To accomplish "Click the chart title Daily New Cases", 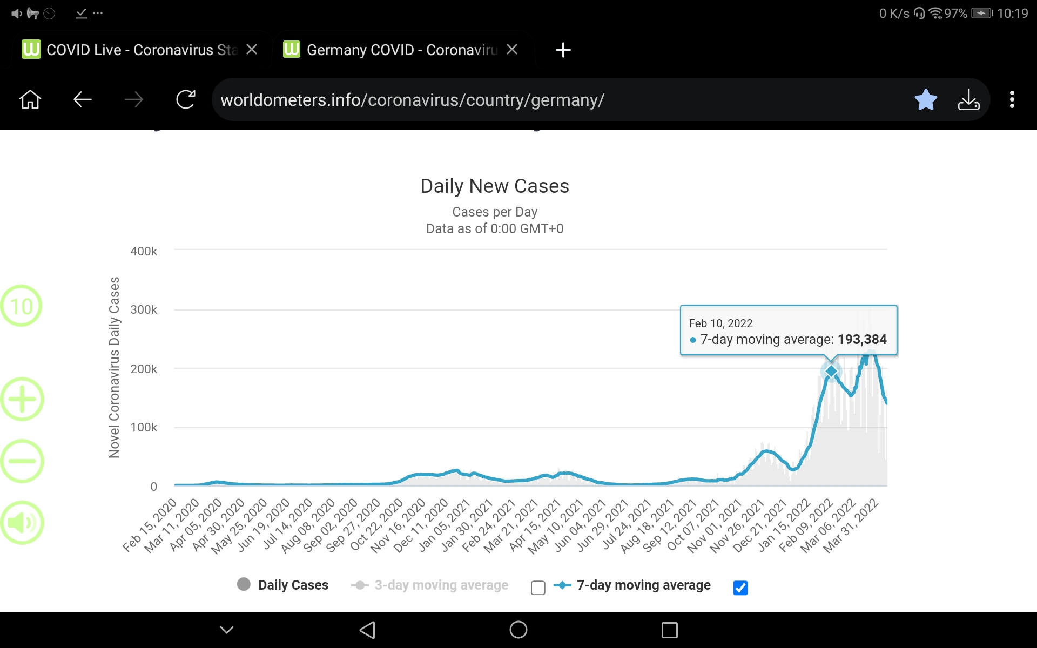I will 495,186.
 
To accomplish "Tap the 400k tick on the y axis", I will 144,251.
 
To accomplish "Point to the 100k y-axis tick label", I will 144,428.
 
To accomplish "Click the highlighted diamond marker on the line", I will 831,372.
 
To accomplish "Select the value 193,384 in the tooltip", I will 862,340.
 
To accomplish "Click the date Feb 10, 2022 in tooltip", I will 720,323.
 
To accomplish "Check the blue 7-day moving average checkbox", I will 740,588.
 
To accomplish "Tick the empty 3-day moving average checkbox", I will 538,588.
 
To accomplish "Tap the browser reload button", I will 185,99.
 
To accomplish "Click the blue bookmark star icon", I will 926,99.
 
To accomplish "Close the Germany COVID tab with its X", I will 512,50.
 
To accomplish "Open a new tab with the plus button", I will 563,50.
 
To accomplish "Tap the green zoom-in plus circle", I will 22,400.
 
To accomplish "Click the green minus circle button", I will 22,461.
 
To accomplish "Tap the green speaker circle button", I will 22,523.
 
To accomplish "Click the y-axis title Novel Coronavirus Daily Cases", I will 114,367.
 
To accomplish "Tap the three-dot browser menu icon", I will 1012,99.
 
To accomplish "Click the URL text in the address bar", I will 412,100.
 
